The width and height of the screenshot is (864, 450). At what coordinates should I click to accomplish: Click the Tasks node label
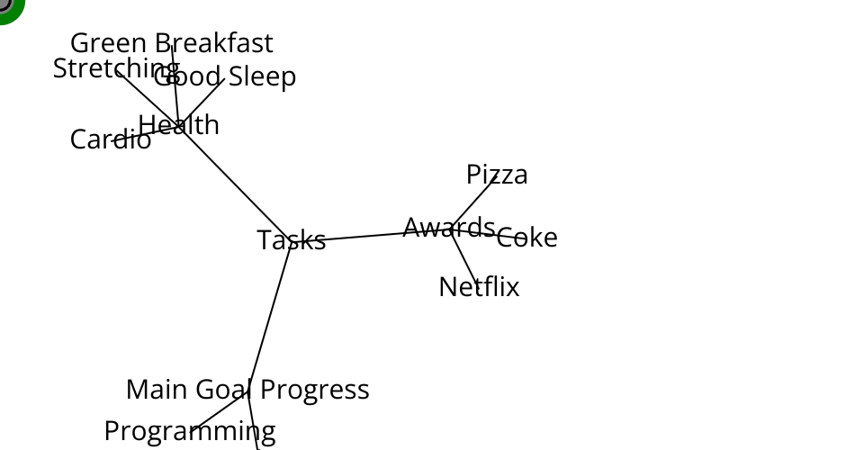[x=291, y=240]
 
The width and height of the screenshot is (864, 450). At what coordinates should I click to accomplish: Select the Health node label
[x=178, y=125]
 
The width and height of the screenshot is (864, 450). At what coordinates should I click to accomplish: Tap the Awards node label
[x=448, y=227]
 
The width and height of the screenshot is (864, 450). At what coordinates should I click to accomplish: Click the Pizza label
[x=497, y=175]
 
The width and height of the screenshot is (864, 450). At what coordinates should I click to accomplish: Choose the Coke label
[x=527, y=238]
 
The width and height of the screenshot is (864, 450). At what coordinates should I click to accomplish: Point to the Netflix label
[x=479, y=287]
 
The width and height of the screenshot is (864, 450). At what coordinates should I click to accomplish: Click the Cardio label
[x=110, y=139]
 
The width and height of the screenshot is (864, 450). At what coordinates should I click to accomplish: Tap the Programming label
[x=189, y=431]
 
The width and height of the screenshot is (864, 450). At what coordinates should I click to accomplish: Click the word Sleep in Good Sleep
[x=262, y=77]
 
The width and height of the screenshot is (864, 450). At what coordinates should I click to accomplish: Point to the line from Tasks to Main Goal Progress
[x=270, y=315]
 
